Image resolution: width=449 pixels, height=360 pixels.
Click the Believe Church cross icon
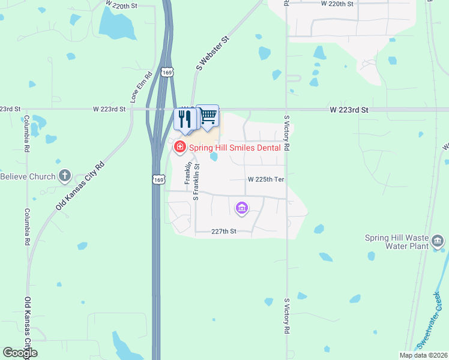point(65,176)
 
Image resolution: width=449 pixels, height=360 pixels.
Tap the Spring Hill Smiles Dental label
point(235,147)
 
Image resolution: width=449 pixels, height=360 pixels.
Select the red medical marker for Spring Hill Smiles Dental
point(179,146)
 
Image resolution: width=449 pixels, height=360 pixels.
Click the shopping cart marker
point(208,116)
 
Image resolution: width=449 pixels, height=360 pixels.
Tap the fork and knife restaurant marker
point(185,119)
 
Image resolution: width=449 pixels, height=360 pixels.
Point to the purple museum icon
point(242,208)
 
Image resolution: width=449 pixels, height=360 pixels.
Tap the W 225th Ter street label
point(265,179)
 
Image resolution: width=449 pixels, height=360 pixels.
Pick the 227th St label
point(224,232)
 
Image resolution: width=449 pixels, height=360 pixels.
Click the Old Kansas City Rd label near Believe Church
point(80,185)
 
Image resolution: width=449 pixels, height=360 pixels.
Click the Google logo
point(20,353)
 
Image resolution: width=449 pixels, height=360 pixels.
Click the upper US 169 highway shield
point(167,73)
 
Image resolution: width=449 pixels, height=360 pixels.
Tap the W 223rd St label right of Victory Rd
point(349,110)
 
